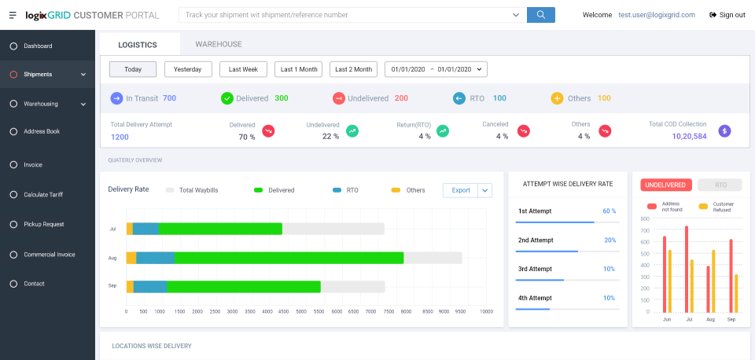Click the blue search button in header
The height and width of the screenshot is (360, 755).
(x=541, y=14)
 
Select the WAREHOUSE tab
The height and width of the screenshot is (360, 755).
(x=219, y=45)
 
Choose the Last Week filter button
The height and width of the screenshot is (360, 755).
(x=243, y=69)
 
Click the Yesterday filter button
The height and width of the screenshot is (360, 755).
(x=188, y=69)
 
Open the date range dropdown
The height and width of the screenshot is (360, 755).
(x=436, y=69)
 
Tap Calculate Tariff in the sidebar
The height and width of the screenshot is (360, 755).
(x=44, y=195)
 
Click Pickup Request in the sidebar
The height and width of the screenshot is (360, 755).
(x=43, y=225)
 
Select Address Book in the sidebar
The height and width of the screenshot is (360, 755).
(x=42, y=131)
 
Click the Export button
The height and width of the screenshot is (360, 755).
(x=461, y=190)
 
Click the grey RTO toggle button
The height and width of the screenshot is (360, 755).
(x=719, y=185)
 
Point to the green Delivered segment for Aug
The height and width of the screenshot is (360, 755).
(x=288, y=258)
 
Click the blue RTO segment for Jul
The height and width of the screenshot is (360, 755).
(x=145, y=229)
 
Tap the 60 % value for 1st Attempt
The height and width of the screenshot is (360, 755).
(x=609, y=211)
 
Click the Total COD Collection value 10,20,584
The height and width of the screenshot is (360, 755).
(x=689, y=136)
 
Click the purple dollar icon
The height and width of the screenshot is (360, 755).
(x=725, y=130)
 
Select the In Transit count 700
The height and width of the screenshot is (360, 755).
(x=169, y=98)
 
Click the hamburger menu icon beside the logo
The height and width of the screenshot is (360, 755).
(x=13, y=15)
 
